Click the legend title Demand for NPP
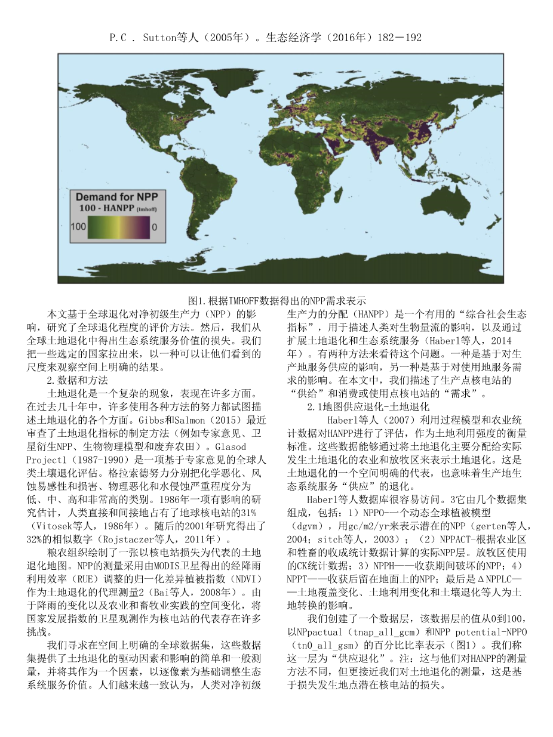tap(116, 196)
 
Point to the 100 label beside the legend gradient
tap(78, 227)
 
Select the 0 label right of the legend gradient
tap(155, 227)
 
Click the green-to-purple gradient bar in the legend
tap(118, 227)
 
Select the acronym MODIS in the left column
tap(171, 566)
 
